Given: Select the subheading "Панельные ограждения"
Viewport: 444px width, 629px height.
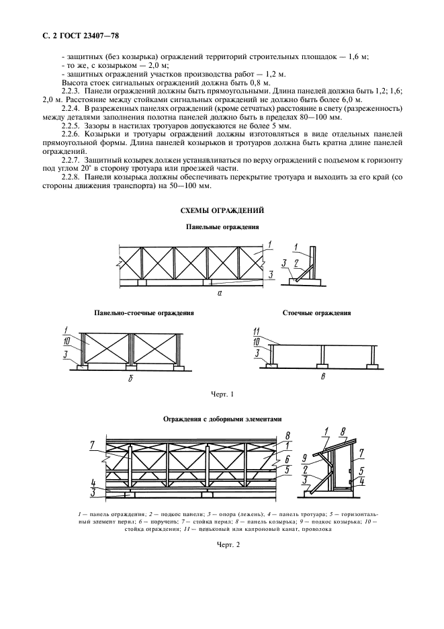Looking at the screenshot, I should tap(222, 228).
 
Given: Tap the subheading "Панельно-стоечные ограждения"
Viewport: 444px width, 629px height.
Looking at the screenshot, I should tap(144, 313).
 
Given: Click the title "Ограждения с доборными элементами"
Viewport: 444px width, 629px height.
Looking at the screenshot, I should tap(220, 419).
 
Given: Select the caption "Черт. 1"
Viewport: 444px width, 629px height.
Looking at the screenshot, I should tap(222, 393).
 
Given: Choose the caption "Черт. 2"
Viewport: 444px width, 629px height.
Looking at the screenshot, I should tap(222, 545).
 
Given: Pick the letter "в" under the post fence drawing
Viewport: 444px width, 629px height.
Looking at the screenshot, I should tap(323, 378).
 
